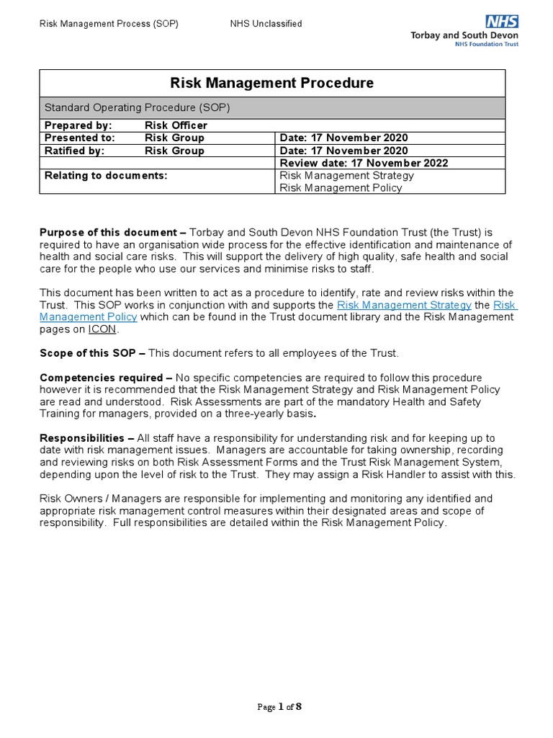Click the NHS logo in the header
pos(501,22)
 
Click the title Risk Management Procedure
pos(271,83)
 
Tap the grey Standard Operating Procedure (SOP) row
pos(271,107)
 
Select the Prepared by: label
pos(78,125)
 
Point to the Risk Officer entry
pos(176,125)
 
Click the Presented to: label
pos(80,138)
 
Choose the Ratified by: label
pos(75,151)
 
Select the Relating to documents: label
pos(106,175)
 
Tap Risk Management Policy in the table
pos(341,188)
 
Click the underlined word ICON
pos(102,329)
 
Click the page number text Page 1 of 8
pos(279,706)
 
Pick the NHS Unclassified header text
pos(266,24)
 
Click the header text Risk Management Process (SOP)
pos(109,24)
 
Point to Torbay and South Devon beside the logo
pos(464,35)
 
